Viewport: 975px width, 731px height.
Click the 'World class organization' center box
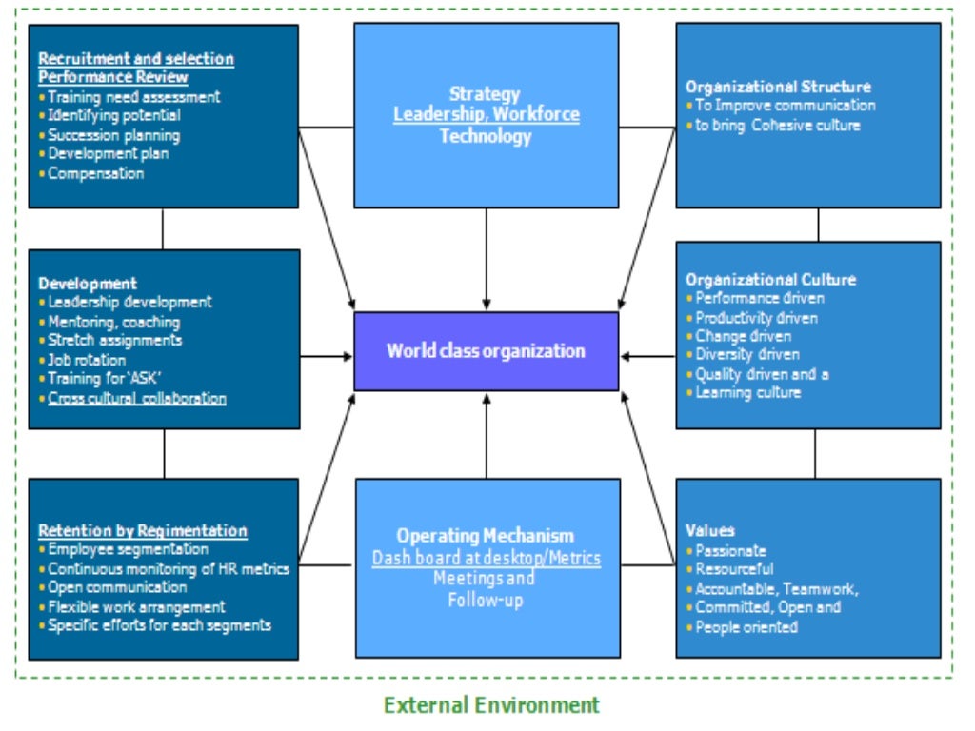tap(486, 351)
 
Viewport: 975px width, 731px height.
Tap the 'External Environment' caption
tap(491, 705)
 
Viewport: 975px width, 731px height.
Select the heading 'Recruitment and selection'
tap(135, 59)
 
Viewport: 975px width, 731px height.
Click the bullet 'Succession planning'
tap(113, 135)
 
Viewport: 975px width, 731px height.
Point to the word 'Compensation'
tap(96, 173)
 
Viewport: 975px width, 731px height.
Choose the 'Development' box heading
tap(88, 284)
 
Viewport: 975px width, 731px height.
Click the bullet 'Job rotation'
tap(87, 360)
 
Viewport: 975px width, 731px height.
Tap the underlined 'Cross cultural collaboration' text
tap(137, 398)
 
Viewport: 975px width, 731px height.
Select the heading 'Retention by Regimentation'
tap(143, 530)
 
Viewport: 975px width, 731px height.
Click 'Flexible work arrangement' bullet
tap(136, 606)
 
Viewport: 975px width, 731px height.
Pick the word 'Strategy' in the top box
tap(486, 94)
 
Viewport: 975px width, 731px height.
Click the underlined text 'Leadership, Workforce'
tap(487, 115)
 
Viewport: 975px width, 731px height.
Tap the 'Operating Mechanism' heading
tap(486, 536)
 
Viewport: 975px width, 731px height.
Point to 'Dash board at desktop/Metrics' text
tap(486, 558)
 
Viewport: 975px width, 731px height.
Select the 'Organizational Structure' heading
tap(778, 87)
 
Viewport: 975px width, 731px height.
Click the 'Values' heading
tap(710, 530)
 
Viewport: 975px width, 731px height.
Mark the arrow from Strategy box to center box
tap(487, 257)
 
